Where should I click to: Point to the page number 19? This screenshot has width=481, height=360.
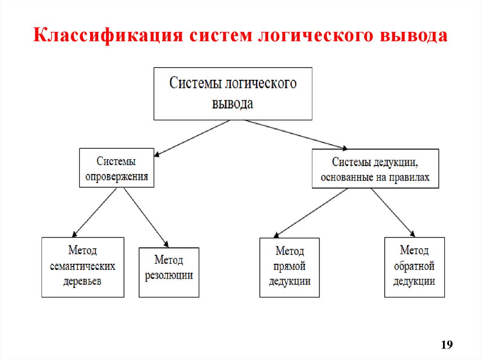[x=447, y=345]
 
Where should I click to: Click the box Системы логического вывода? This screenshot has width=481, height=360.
[x=233, y=93]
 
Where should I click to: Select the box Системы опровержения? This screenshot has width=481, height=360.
[x=116, y=168]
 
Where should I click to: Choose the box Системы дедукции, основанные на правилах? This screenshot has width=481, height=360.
[x=375, y=169]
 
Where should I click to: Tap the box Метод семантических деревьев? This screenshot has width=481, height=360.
[x=83, y=267]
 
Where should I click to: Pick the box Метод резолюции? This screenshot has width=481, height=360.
[x=169, y=272]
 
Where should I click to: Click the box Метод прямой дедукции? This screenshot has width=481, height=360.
[x=289, y=267]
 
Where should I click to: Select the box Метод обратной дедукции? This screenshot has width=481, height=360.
[x=414, y=267]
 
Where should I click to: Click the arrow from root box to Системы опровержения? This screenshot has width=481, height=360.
[x=193, y=137]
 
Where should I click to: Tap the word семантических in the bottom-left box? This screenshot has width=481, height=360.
[x=83, y=267]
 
